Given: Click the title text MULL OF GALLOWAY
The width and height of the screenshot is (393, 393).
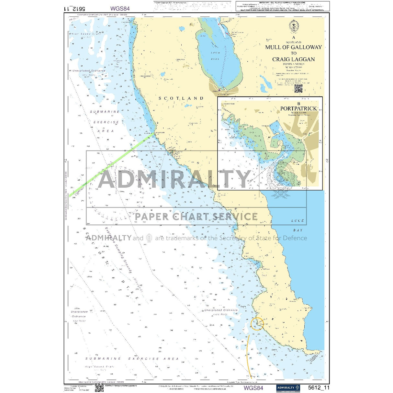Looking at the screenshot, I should click(293, 47).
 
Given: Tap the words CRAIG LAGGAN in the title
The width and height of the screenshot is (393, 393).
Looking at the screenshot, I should click(293, 59).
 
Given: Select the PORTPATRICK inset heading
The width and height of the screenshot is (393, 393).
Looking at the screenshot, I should click(298, 108).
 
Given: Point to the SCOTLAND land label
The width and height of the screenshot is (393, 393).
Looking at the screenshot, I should click(181, 98).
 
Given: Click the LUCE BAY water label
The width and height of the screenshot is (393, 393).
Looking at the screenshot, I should click(298, 225).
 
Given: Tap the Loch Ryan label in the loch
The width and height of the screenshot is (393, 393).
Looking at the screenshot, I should click(215, 56).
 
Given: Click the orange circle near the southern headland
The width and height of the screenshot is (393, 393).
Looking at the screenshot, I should click(257, 323).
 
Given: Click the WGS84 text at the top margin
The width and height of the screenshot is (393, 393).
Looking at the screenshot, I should click(120, 9).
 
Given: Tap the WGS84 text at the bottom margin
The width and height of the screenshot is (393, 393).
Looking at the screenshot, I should click(253, 388).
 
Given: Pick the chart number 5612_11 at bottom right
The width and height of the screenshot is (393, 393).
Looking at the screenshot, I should click(319, 388).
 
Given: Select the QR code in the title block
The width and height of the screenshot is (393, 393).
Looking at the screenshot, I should click(298, 88).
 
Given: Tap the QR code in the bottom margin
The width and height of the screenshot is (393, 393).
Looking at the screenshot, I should click(99, 388).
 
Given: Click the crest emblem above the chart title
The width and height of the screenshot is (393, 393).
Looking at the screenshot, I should click(294, 27).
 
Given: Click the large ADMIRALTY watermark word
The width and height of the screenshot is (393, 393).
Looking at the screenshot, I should click(175, 179).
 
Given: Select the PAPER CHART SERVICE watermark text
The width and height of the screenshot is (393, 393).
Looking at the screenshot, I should click(196, 216).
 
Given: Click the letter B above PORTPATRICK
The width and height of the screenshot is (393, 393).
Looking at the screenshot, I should click(299, 104).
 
